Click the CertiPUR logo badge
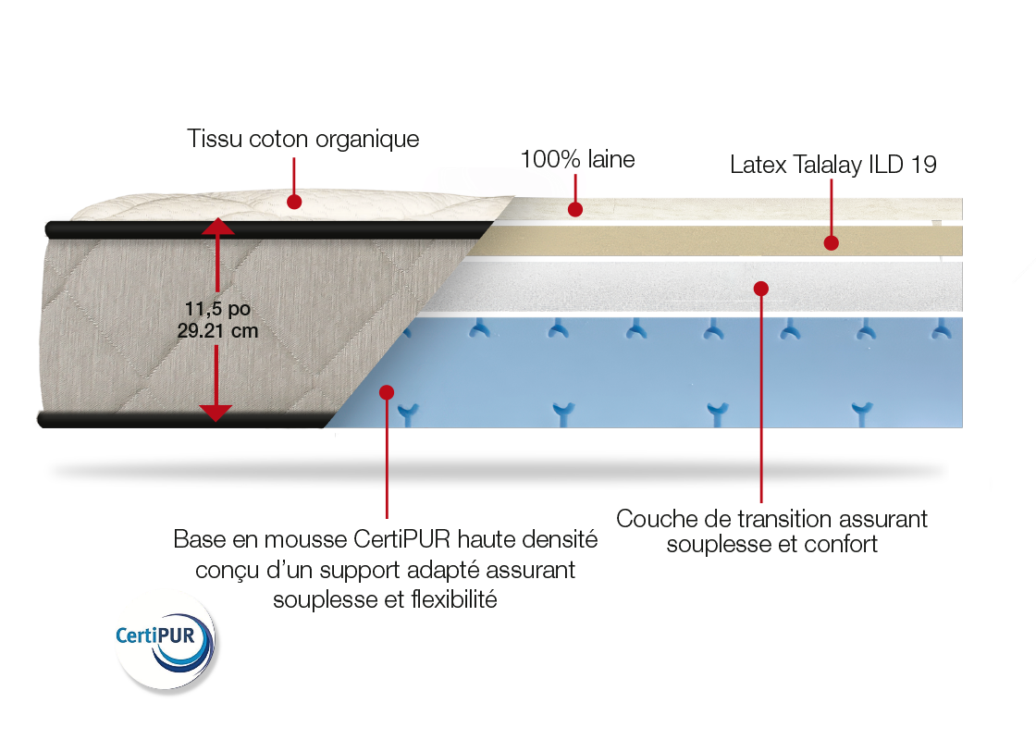coord(165,639)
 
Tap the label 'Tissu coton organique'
coord(304,140)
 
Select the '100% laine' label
coord(578,159)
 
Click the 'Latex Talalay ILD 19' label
coord(832,166)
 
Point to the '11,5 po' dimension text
coord(217,310)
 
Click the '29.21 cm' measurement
coord(217,330)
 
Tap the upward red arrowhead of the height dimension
coord(216,226)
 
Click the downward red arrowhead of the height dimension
coord(216,413)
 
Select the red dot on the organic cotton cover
coord(294,200)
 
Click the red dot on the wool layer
coord(575,210)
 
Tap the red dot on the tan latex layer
coord(831,243)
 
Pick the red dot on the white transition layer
coord(760,288)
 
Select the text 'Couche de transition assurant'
coord(771,520)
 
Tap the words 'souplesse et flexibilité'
coord(385,599)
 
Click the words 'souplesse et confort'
coord(771,545)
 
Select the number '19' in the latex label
coord(922,166)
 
